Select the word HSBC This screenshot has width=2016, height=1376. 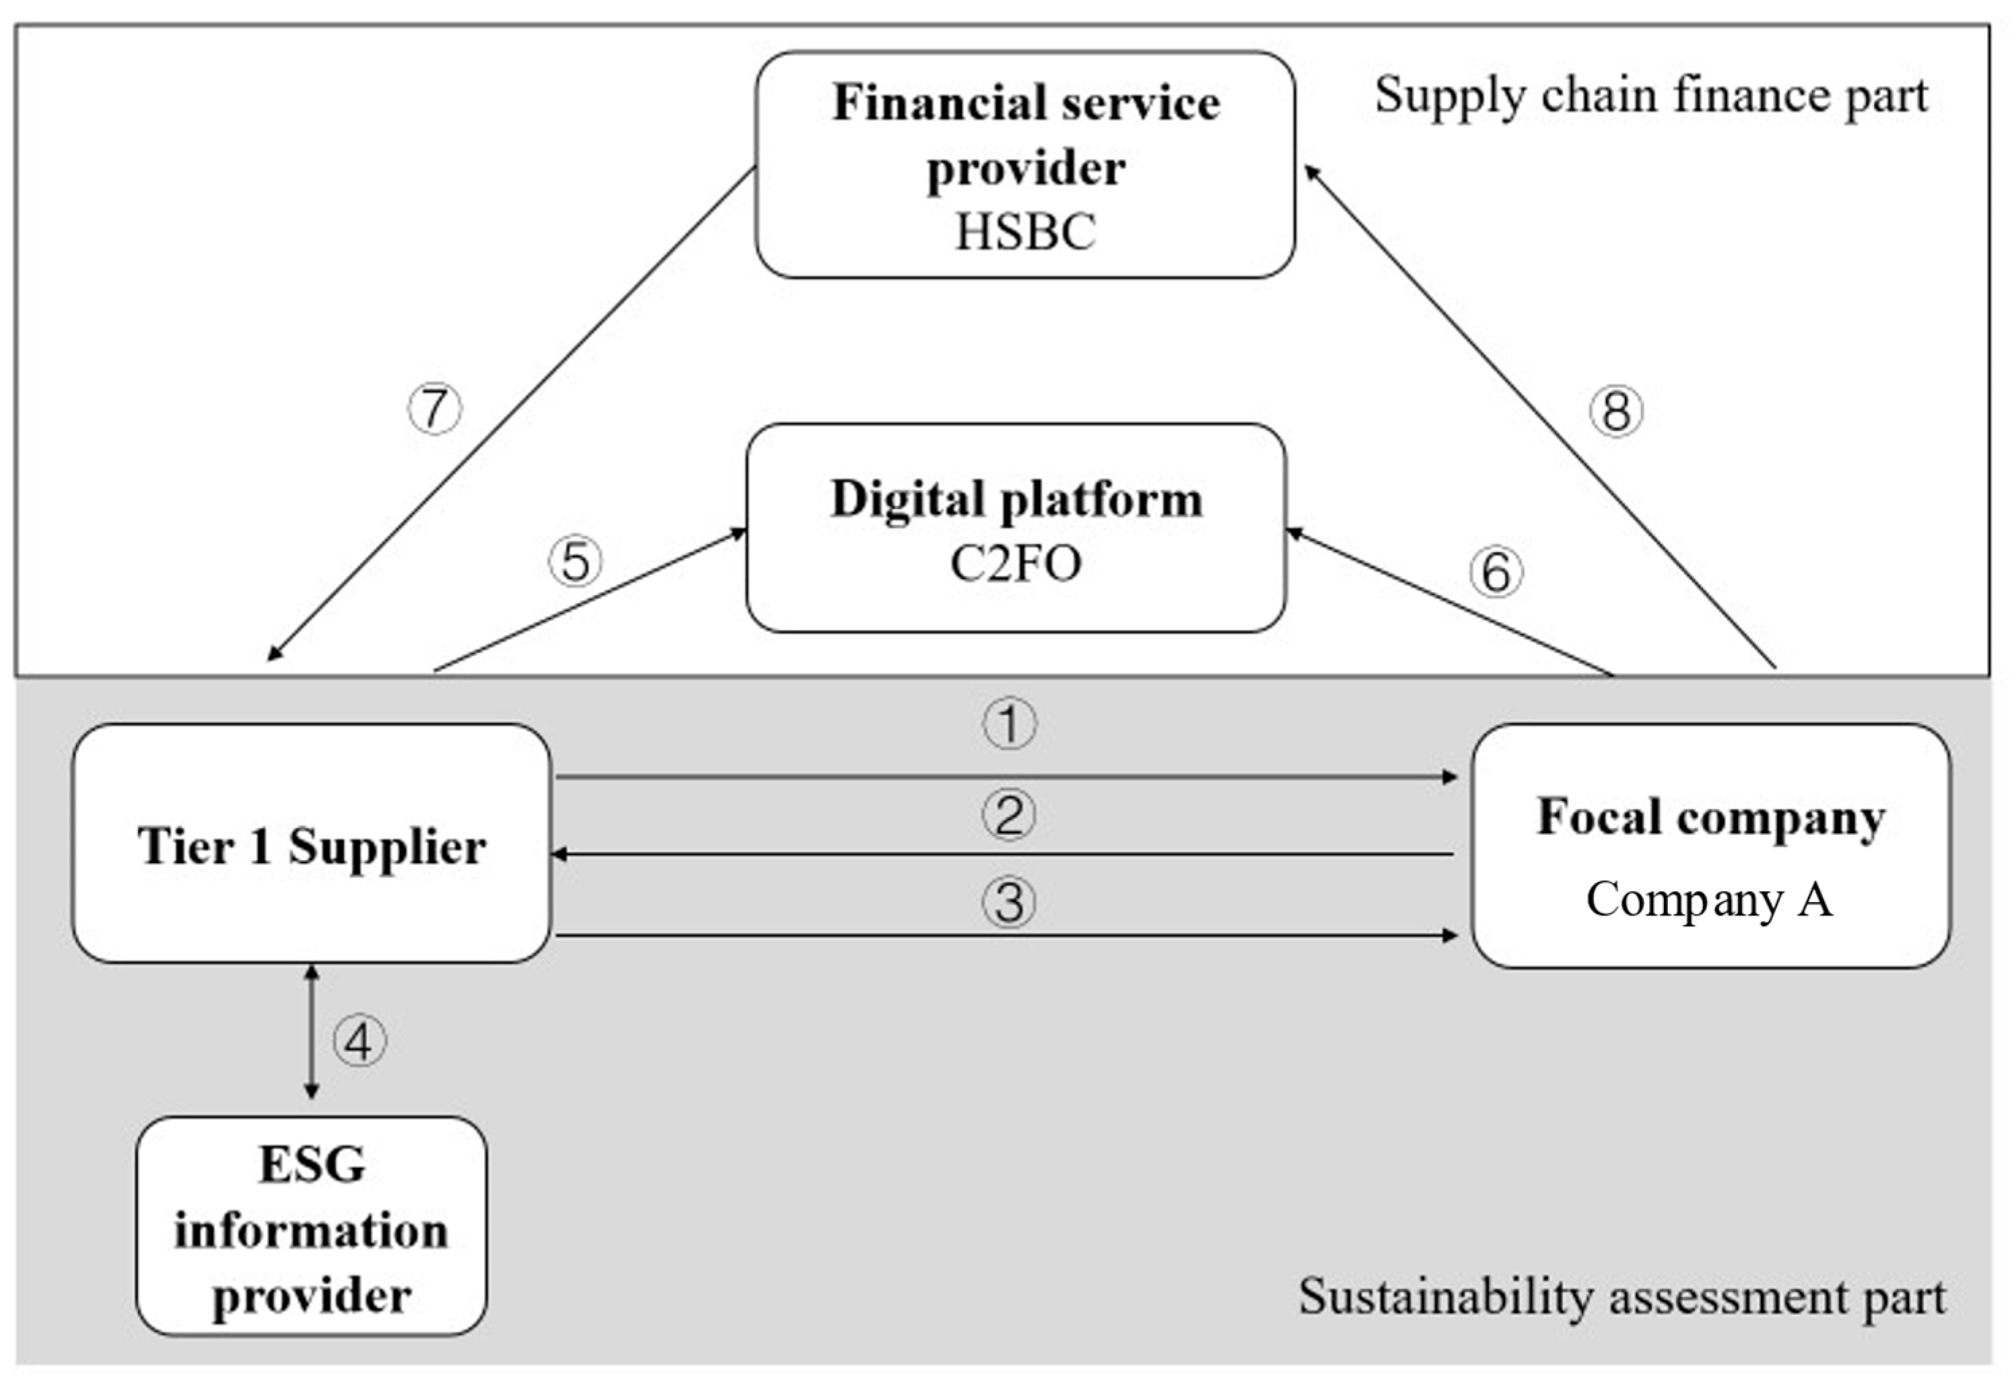coord(1025,232)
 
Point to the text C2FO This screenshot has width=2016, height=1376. coord(1016,564)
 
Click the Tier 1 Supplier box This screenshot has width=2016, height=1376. coord(312,844)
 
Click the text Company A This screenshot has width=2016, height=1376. coord(1709,899)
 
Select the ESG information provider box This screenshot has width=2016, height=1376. coord(312,1227)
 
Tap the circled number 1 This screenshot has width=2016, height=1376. coord(1009,724)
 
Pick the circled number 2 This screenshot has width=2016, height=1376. coord(1009,815)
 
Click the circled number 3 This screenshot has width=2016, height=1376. coord(1009,901)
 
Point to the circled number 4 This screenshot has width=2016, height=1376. coord(359,1041)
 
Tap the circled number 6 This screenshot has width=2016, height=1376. coord(1496,572)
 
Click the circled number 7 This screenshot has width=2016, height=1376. coord(435,409)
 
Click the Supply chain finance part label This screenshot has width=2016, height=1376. coord(1650,96)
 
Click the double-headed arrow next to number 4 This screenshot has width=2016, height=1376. coord(312,1033)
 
